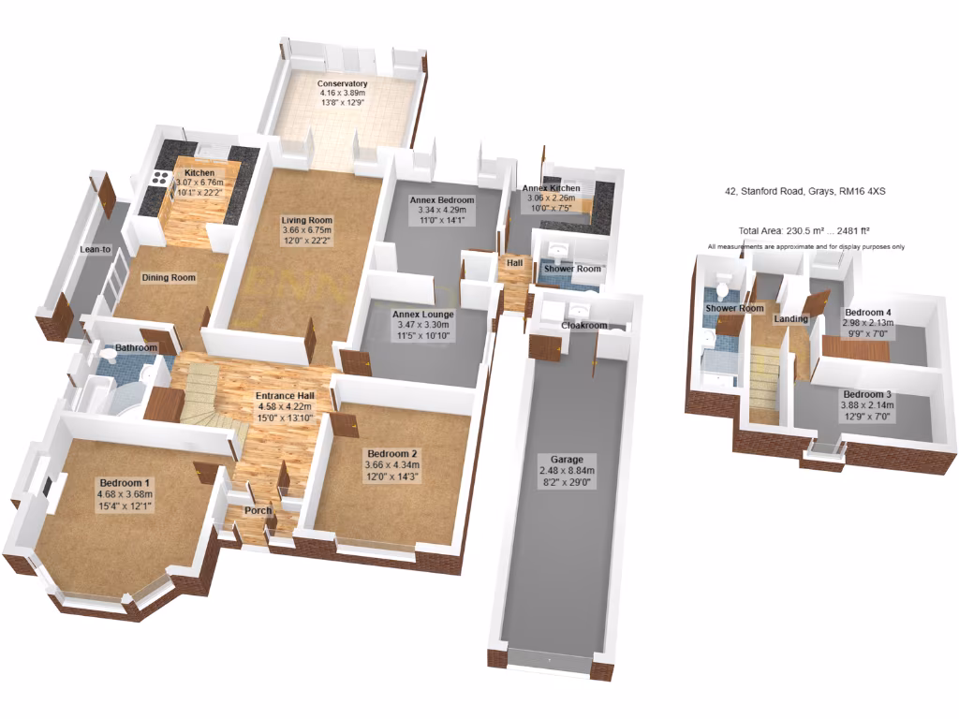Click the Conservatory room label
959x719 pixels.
pos(342,84)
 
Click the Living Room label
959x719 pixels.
pos(307,221)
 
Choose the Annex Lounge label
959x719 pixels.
pos(422,315)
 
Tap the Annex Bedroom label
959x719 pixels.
pos(442,200)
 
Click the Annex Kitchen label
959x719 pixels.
pos(551,189)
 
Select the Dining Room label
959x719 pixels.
pos(169,278)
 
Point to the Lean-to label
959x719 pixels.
pos(94,249)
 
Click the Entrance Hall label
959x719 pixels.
pos(286,396)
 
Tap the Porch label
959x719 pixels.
pos(258,511)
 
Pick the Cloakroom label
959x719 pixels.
pos(583,326)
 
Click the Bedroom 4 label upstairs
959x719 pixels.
pos(867,313)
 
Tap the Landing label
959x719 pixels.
pos(790,319)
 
